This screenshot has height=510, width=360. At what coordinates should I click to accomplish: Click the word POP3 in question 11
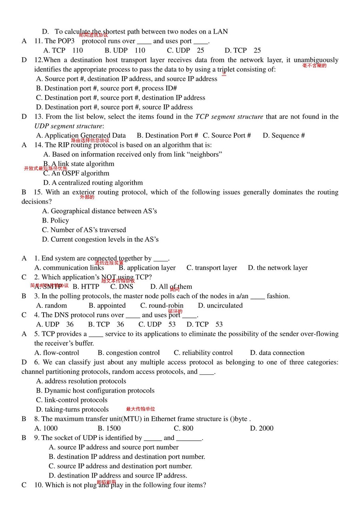click(66, 41)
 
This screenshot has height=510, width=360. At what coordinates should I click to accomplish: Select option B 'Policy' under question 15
click(55, 220)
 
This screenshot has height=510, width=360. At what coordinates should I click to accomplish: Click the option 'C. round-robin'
click(162, 305)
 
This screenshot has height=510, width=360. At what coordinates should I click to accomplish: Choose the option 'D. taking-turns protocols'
click(72, 409)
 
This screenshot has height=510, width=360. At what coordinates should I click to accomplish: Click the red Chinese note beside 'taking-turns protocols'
click(140, 409)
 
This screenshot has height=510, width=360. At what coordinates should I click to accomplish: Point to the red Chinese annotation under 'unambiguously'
click(314, 65)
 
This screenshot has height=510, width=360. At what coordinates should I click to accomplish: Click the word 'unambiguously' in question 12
click(316, 60)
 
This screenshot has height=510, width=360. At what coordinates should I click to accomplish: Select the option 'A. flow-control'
click(57, 353)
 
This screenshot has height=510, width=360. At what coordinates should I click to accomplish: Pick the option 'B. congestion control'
click(129, 353)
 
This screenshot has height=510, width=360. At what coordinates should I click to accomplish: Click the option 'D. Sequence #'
click(284, 135)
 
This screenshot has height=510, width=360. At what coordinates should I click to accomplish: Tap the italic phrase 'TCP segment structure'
click(229, 116)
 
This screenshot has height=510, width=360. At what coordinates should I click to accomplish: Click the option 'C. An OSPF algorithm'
click(76, 173)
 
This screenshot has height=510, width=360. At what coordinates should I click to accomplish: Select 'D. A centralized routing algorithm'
click(92, 183)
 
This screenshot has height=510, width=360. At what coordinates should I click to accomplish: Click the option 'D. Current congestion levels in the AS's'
click(100, 239)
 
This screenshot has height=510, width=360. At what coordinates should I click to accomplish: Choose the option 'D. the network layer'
click(278, 268)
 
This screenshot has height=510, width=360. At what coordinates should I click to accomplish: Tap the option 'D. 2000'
click(262, 428)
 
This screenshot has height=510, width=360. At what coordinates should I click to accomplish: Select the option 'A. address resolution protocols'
click(81, 381)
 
